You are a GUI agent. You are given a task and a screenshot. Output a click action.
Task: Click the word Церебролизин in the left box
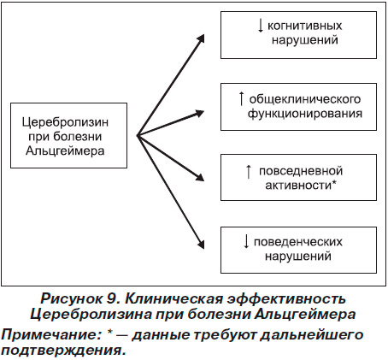pos(65,122)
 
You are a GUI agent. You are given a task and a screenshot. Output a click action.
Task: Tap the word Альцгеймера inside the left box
pos(65,150)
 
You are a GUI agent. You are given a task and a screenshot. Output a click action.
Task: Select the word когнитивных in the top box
pos(304,26)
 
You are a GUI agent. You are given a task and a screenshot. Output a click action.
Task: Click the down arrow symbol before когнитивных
pos(260,26)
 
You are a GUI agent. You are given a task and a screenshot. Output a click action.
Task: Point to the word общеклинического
pos(305,99)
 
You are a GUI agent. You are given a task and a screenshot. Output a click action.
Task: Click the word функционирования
pos(305,114)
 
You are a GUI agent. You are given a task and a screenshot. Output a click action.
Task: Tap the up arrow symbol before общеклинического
pos(241,98)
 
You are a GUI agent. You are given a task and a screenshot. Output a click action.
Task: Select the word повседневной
pos(301,171)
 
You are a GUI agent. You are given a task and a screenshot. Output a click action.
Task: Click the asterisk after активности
pos(334,183)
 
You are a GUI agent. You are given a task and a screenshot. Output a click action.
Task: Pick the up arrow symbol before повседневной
pos(249,172)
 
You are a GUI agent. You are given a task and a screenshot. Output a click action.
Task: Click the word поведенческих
pos(298,242)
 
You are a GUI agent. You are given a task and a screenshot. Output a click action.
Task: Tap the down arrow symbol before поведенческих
pos(246,242)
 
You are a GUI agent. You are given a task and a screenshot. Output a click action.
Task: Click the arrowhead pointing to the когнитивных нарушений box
pos(200,38)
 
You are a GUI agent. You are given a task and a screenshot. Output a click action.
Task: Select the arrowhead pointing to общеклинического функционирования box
pos(199,114)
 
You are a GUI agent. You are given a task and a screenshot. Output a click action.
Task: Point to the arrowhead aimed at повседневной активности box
pos(200,176)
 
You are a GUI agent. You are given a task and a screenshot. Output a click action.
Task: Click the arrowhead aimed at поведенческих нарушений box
pos(201,244)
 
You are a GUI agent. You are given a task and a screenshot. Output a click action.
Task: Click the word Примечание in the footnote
pos(50,334)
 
